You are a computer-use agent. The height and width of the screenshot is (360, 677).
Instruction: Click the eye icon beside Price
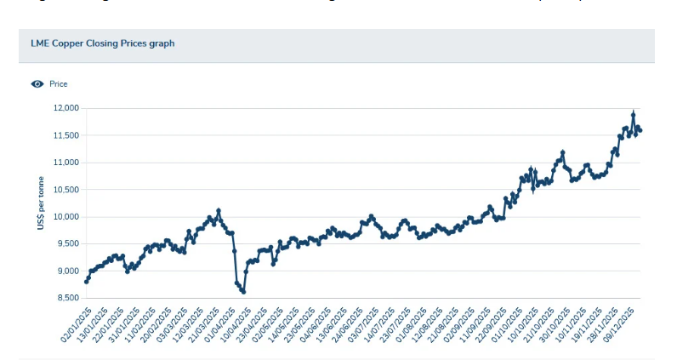[x=37, y=84]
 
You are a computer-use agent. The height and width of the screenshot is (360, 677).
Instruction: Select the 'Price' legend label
[x=59, y=84]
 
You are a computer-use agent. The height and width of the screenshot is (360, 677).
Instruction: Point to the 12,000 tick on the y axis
[x=66, y=108]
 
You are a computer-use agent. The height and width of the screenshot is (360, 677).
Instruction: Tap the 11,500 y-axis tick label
[x=66, y=135]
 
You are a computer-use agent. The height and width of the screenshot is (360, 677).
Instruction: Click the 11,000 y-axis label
[x=66, y=163]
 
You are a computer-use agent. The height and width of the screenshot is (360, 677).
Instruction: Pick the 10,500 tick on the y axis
[x=66, y=190]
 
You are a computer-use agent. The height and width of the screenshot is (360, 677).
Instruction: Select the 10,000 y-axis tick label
[x=66, y=217]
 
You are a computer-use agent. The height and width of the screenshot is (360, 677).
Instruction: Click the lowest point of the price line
[x=243, y=292]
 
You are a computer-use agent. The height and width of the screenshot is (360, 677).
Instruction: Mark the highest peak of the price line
[x=634, y=113]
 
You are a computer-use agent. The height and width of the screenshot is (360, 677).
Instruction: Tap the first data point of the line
[x=87, y=281]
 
